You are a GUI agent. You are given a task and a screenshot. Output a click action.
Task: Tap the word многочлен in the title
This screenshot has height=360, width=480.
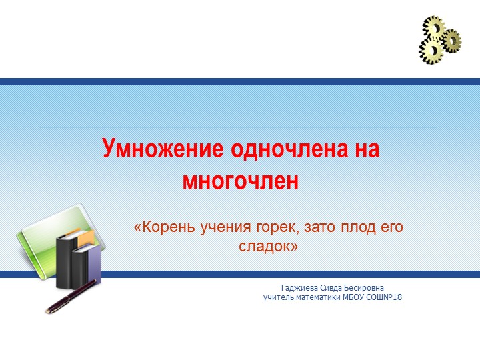241,179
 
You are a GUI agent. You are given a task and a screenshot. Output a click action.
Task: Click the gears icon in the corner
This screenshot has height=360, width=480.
440,40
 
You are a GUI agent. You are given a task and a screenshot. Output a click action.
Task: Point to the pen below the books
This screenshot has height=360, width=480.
70,297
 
